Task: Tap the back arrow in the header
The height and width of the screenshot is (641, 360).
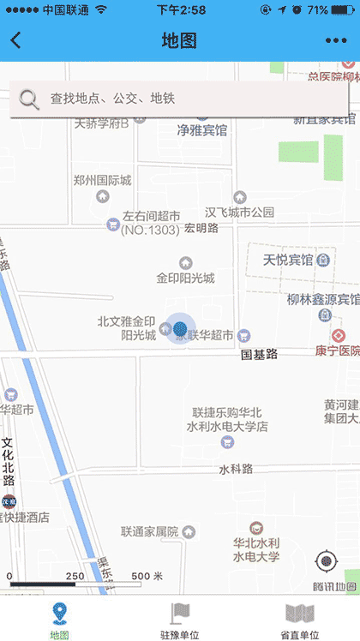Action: click(16, 40)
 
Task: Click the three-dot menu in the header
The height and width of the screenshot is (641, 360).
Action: click(336, 40)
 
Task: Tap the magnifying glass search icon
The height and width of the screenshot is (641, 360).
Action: click(29, 99)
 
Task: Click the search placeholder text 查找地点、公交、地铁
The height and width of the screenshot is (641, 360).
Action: click(112, 99)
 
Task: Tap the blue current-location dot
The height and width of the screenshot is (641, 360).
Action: click(179, 327)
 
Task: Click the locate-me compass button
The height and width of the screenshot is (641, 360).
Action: click(327, 562)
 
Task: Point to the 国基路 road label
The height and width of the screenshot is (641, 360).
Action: click(259, 353)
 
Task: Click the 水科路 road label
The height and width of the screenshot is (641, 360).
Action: click(236, 469)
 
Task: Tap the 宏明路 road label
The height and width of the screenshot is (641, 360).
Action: click(201, 229)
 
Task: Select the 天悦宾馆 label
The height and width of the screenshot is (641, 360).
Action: click(287, 260)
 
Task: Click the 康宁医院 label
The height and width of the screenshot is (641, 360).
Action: click(337, 351)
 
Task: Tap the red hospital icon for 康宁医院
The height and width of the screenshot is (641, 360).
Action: click(339, 334)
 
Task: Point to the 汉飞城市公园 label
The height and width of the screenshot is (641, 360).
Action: click(239, 212)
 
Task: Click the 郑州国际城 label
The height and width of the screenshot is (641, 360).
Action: click(102, 181)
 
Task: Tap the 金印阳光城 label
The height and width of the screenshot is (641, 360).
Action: click(185, 279)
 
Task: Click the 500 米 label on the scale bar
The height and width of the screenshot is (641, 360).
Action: click(147, 576)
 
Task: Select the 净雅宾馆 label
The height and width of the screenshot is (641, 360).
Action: click(201, 131)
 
